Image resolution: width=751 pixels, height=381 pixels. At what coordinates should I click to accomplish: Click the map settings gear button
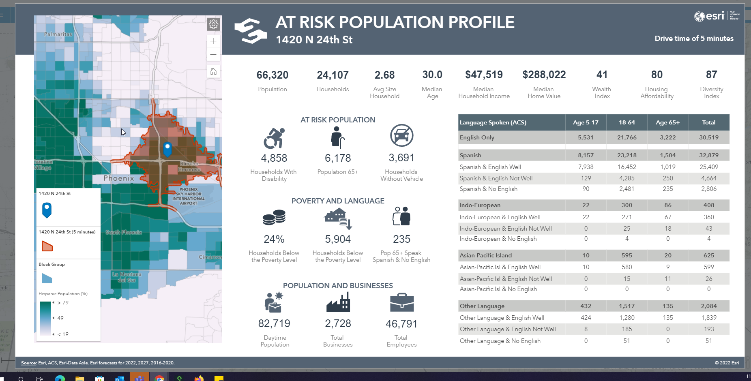point(213,24)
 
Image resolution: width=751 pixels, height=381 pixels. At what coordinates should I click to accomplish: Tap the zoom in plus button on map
point(213,41)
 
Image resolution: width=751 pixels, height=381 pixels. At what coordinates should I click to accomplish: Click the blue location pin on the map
point(167,149)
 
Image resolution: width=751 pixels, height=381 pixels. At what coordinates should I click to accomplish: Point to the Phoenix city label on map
point(118,178)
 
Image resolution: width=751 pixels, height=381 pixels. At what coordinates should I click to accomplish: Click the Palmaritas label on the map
point(58,34)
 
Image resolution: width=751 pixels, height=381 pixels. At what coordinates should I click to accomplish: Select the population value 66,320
point(272,75)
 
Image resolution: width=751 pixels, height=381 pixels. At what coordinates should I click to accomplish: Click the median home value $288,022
point(544,75)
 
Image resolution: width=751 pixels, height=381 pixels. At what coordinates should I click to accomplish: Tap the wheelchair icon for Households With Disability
point(274,138)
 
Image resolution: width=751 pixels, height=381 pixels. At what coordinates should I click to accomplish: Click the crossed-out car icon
point(401,135)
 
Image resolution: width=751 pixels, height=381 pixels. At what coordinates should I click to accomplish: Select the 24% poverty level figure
point(274,239)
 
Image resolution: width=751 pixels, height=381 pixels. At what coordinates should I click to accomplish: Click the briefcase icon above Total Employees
point(401,302)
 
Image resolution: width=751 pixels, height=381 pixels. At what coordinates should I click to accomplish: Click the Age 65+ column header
point(667,122)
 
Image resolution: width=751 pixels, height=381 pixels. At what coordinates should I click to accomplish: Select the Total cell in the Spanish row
point(708,155)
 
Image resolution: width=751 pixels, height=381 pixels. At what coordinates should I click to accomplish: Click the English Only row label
point(477,137)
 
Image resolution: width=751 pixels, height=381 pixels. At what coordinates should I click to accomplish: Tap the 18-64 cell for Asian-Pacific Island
point(627,255)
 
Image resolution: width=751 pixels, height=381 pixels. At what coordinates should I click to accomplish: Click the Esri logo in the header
point(710,16)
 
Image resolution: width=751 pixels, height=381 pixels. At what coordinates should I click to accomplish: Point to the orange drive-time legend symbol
point(47,246)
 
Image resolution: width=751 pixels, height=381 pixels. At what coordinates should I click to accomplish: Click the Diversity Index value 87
point(711,75)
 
